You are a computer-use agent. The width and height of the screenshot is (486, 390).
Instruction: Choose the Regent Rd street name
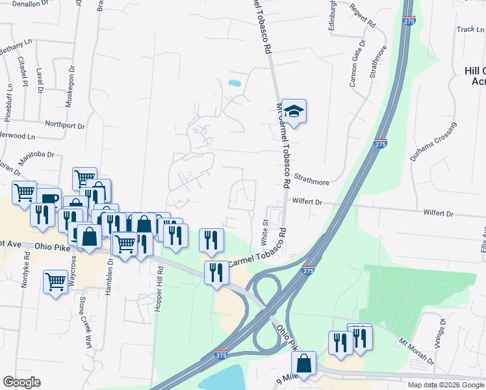(363, 15)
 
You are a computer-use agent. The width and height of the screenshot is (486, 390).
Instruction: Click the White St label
(265, 232)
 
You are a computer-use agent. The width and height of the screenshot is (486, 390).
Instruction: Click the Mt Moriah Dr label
(415, 342)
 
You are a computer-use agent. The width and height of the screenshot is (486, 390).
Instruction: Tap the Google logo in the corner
(21, 382)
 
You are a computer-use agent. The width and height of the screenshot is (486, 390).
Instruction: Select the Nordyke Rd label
(26, 276)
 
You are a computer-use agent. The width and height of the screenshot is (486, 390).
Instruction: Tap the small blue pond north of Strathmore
(235, 83)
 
